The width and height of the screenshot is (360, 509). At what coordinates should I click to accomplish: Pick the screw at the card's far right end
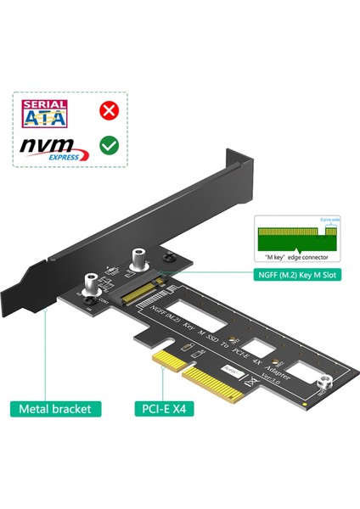point(323,386)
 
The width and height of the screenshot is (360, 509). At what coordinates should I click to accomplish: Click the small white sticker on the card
point(233,371)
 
